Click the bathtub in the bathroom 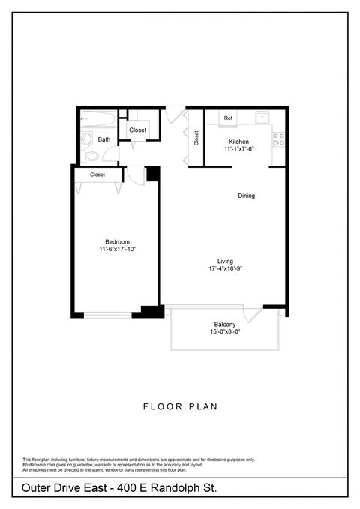click(x=98, y=119)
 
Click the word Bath click(x=104, y=139)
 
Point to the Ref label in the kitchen click(x=228, y=118)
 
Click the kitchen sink click(x=262, y=118)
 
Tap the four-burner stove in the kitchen click(x=278, y=139)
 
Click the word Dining click(x=247, y=196)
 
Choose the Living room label click(x=226, y=261)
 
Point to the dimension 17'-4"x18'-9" click(x=226, y=268)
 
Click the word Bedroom click(x=117, y=241)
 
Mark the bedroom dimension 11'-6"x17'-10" click(x=117, y=249)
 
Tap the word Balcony click(x=226, y=324)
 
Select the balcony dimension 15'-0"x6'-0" click(x=226, y=332)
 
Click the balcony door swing click(x=253, y=314)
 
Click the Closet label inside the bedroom click(x=97, y=175)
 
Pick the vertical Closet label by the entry click(x=196, y=139)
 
